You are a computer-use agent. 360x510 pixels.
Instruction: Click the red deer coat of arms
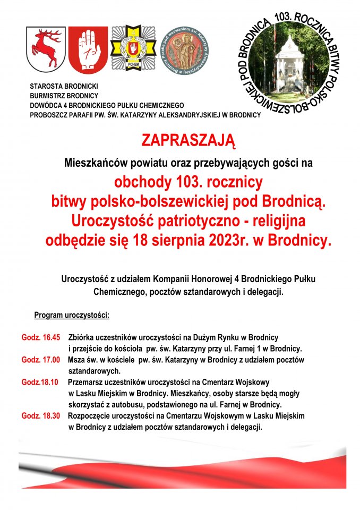click(x=46, y=49)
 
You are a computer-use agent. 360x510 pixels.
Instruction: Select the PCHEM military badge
click(x=133, y=49)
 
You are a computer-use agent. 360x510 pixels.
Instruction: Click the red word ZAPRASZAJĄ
click(x=187, y=141)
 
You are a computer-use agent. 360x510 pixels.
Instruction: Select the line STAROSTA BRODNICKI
click(x=64, y=86)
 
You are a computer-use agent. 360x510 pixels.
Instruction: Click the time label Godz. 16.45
click(x=41, y=337)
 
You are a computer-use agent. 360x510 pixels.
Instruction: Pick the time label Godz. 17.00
click(x=41, y=360)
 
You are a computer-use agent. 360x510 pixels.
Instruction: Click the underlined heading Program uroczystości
click(x=72, y=315)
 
